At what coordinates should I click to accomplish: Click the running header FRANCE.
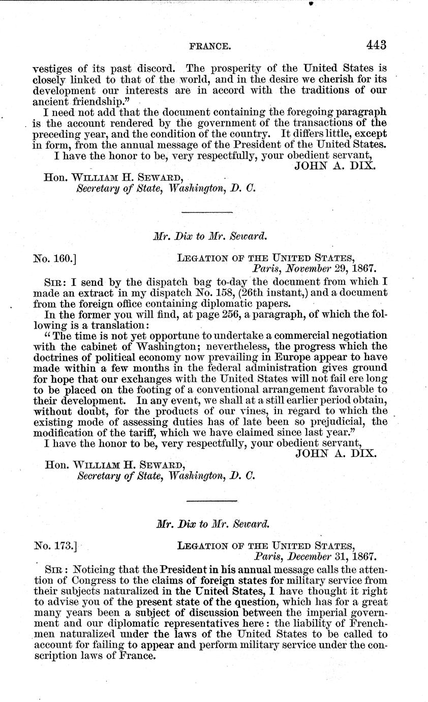click(210, 46)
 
